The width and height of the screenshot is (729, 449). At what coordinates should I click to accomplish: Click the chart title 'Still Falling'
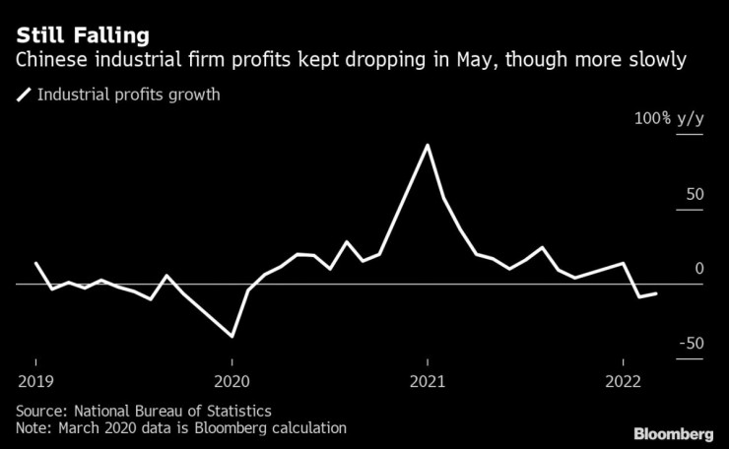pyautogui.click(x=83, y=35)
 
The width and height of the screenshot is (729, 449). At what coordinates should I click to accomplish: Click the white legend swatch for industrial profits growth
pyautogui.click(x=24, y=96)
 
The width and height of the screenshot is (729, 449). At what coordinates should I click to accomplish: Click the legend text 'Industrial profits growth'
pyautogui.click(x=128, y=96)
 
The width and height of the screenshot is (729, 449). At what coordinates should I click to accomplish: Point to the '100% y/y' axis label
pyautogui.click(x=668, y=118)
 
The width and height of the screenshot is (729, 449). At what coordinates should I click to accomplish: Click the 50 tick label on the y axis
pyautogui.click(x=695, y=194)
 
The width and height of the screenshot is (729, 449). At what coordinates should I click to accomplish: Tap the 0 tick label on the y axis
pyautogui.click(x=699, y=268)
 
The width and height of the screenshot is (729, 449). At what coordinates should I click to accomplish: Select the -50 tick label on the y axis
pyautogui.click(x=691, y=343)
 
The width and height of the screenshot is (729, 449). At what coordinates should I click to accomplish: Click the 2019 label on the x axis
pyautogui.click(x=35, y=381)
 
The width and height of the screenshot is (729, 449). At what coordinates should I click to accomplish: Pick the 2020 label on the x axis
pyautogui.click(x=232, y=381)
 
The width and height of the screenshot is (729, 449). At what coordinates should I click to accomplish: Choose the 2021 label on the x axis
pyautogui.click(x=427, y=381)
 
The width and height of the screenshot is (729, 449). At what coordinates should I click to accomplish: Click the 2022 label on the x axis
pyautogui.click(x=623, y=381)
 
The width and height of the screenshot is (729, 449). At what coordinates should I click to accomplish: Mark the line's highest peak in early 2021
pyautogui.click(x=427, y=146)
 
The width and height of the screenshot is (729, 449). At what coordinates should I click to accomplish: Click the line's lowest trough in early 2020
pyautogui.click(x=232, y=337)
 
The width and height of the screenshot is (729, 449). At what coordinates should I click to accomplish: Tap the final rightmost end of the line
pyautogui.click(x=657, y=292)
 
